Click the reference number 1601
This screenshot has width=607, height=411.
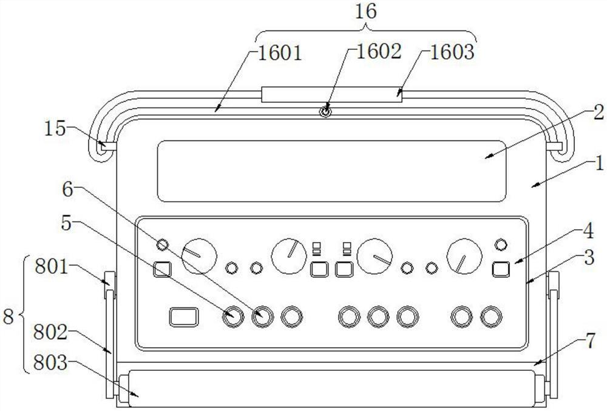click(x=279, y=53)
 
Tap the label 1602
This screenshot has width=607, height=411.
click(x=378, y=51)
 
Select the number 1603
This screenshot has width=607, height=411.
click(x=452, y=52)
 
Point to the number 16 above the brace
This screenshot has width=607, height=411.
click(x=365, y=12)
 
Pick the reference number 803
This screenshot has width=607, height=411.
click(x=50, y=363)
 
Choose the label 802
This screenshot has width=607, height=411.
click(x=50, y=333)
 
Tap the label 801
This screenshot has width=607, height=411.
click(x=52, y=267)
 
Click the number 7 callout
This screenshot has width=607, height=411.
click(x=589, y=341)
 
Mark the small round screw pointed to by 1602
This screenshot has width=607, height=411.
click(x=325, y=112)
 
